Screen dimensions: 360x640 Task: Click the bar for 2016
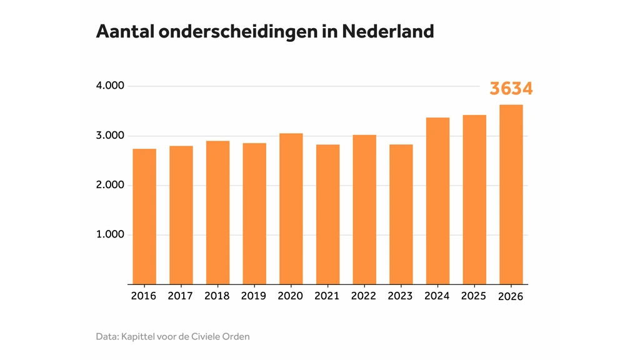pyautogui.click(x=144, y=216)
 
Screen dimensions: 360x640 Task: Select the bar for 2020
pyautogui.click(x=291, y=209)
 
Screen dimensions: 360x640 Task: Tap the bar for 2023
pyautogui.click(x=401, y=214)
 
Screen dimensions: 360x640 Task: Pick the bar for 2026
pyautogui.click(x=511, y=194)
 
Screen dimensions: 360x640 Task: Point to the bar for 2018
pyautogui.click(x=217, y=212)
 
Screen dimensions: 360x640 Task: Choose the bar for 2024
pyautogui.click(x=437, y=201)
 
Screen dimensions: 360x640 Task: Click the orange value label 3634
pyautogui.click(x=511, y=89)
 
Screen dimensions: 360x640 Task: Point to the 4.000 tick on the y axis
pyautogui.click(x=110, y=86)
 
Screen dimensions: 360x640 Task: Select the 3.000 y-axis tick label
pyautogui.click(x=110, y=136)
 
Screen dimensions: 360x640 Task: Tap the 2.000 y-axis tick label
pyautogui.click(x=110, y=185)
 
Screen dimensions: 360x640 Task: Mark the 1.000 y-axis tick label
pyautogui.click(x=110, y=234)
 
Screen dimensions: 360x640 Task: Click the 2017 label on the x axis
pyautogui.click(x=181, y=296)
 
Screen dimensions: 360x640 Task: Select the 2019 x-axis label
pyautogui.click(x=254, y=296)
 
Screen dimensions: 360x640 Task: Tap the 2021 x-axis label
pyautogui.click(x=327, y=296)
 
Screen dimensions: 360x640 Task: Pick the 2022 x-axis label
pyautogui.click(x=364, y=296)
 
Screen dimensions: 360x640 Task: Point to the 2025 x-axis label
pyautogui.click(x=474, y=296)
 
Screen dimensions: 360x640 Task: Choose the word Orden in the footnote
pyautogui.click(x=236, y=337)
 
